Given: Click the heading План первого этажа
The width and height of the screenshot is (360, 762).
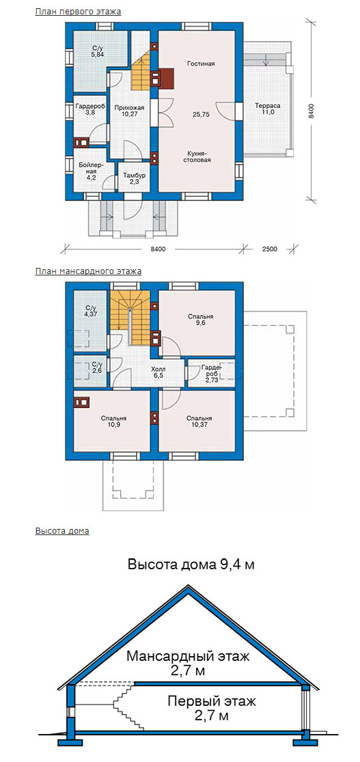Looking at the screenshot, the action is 79,12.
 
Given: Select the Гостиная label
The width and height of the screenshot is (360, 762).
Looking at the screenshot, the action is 200,64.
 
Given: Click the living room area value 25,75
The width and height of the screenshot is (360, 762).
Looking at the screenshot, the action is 200,114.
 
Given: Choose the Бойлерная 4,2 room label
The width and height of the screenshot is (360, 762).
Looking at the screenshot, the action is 89,167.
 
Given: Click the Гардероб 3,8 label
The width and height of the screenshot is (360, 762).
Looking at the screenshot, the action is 89,109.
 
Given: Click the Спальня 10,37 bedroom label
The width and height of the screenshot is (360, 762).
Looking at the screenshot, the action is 199,422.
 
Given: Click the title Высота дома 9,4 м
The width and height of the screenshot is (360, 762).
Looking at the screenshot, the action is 191,564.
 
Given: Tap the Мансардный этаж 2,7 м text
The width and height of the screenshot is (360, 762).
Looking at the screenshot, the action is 188,664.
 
